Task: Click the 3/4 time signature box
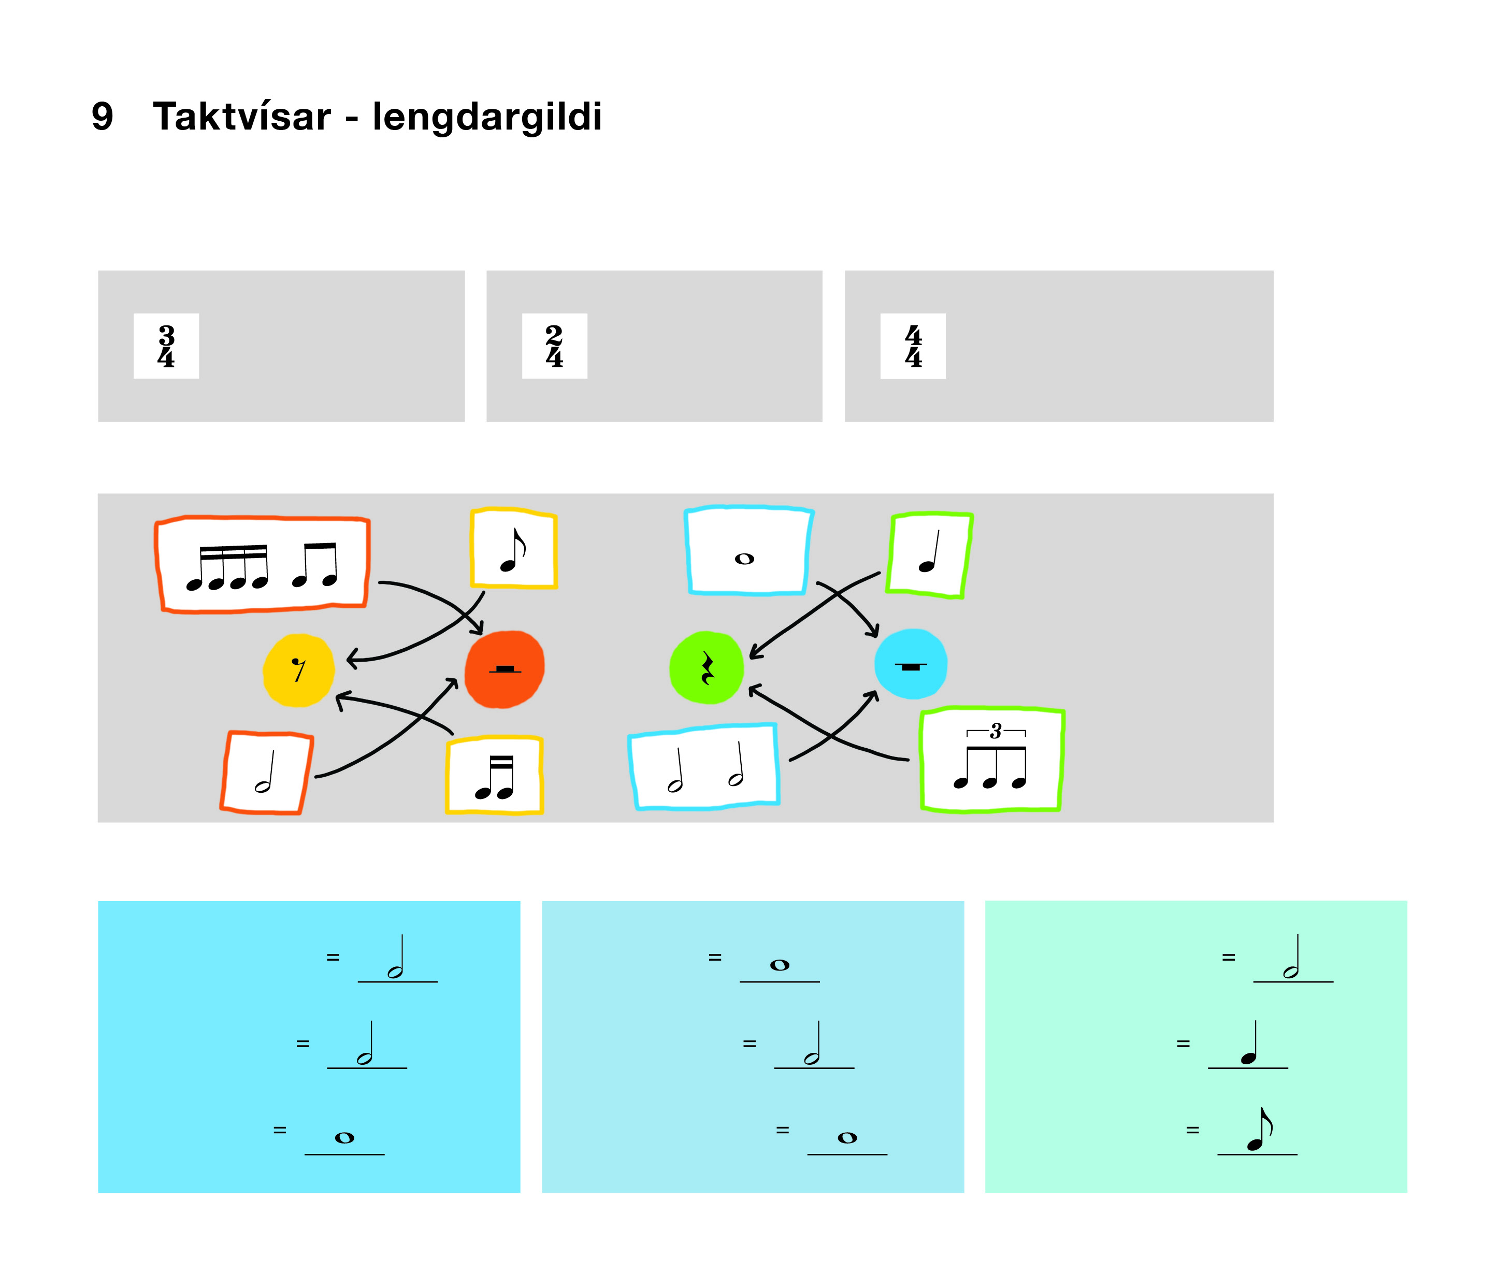[x=166, y=346]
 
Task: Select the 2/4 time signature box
[x=554, y=346]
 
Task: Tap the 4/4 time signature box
[x=912, y=346]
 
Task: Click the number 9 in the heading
[x=103, y=117]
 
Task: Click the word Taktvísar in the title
[x=242, y=117]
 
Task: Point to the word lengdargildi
[x=486, y=117]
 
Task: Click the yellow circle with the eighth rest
[x=298, y=670]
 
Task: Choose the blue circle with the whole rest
[x=910, y=664]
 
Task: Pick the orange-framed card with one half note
[x=266, y=773]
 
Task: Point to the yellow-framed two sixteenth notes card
[x=494, y=776]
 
